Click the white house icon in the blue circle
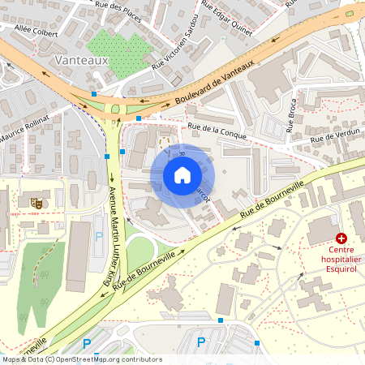point(182,175)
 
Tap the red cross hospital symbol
point(341,238)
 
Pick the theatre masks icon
point(36,200)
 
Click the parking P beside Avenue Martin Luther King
point(100,237)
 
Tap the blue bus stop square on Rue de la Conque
point(139,119)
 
